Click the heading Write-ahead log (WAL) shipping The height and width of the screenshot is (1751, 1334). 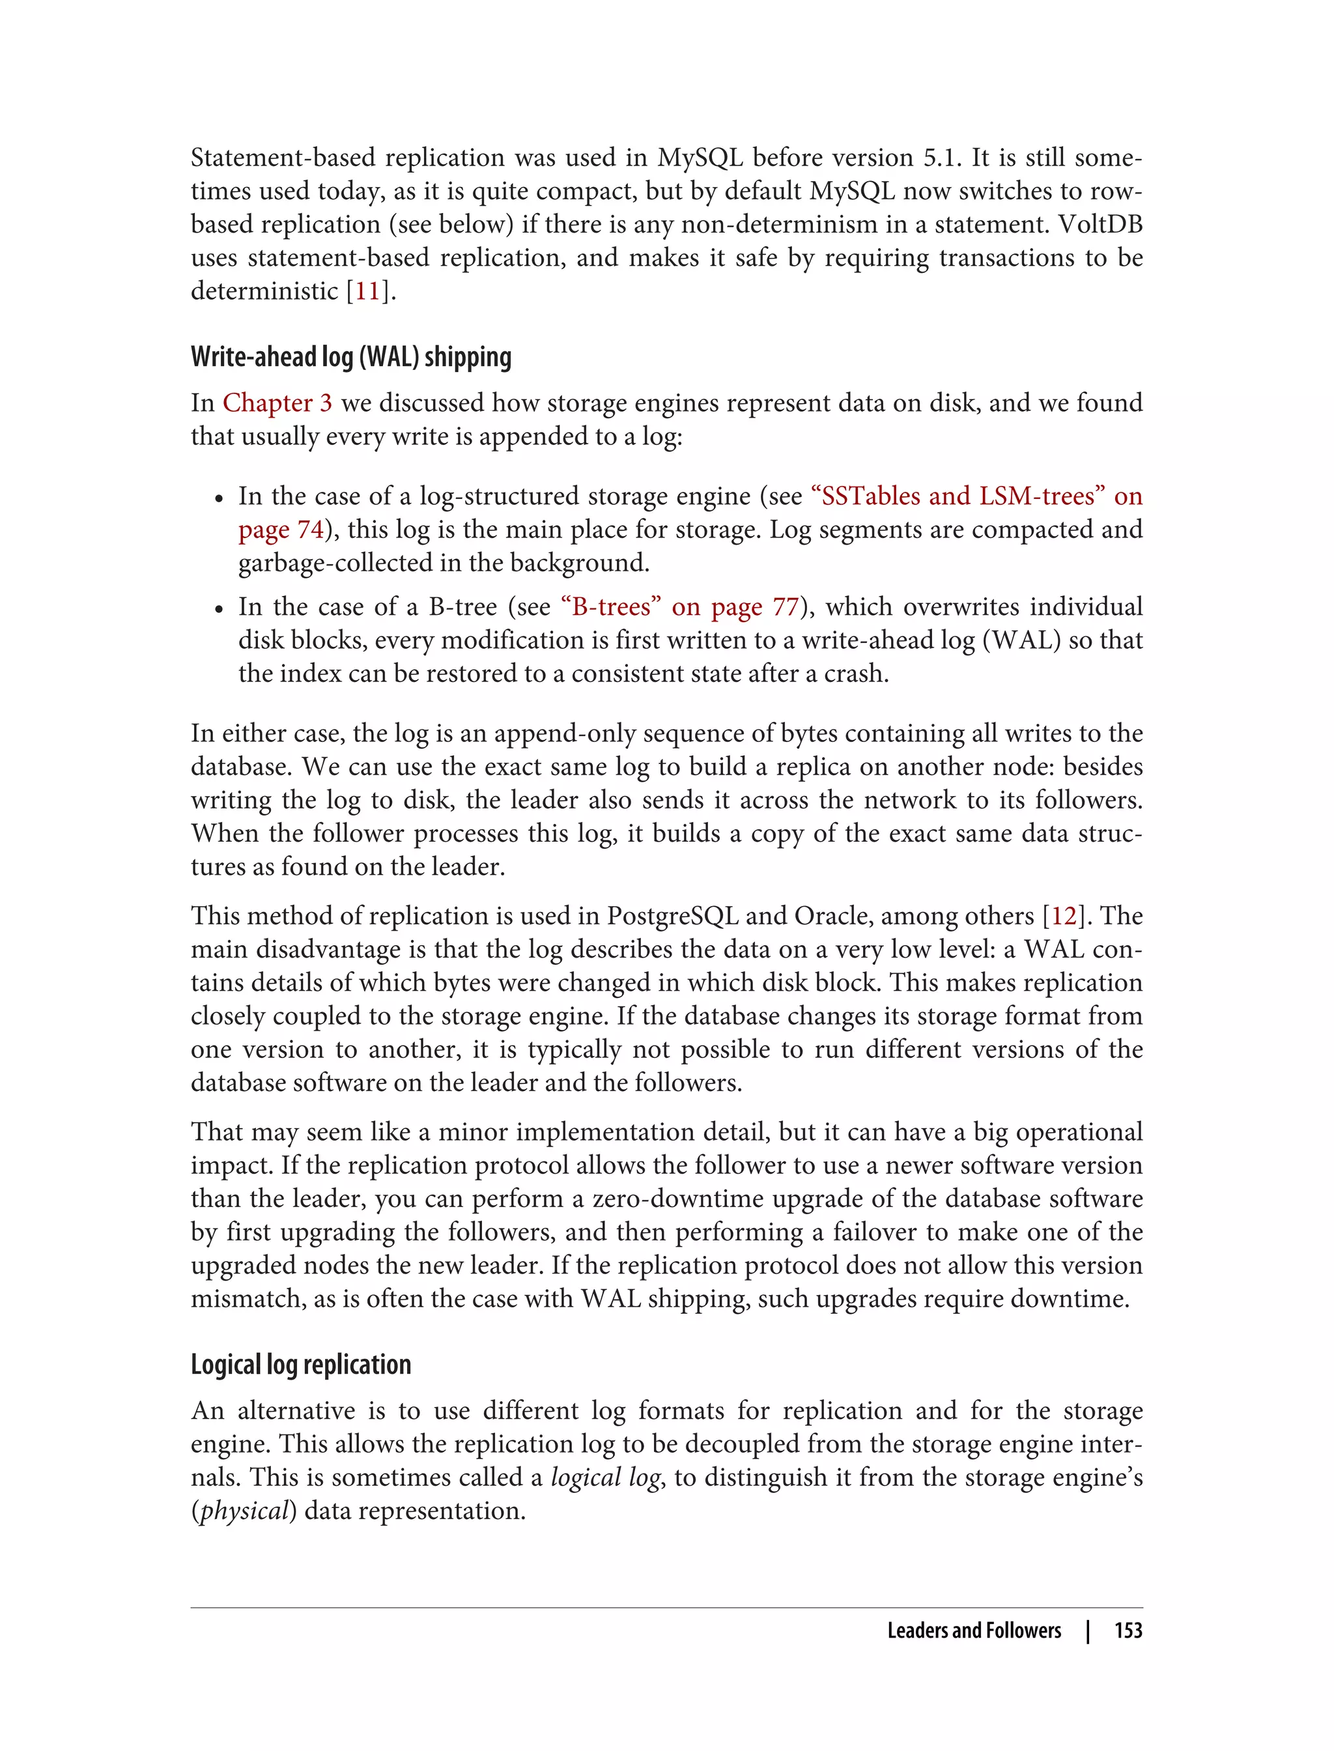click(351, 358)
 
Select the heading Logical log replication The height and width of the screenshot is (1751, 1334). click(301, 1364)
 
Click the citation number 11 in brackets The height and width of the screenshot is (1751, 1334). click(367, 291)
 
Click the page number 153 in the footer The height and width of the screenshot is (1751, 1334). click(1128, 1630)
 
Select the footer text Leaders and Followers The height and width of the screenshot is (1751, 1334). click(974, 1630)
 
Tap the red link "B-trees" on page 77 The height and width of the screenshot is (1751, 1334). click(612, 606)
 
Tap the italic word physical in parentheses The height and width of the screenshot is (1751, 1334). click(244, 1511)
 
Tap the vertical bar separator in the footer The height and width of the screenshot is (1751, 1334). click(1088, 1630)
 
